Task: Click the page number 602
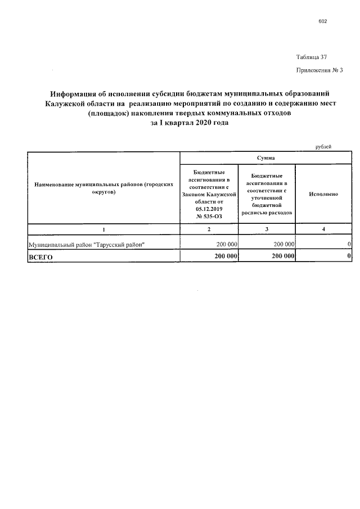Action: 322,21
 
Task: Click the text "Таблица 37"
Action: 312,57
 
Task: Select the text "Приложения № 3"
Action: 319,70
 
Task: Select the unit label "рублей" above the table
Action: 323,147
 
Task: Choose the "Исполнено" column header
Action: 323,193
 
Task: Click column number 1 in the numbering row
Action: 103,229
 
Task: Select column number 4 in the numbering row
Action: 323,229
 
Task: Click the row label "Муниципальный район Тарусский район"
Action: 87,244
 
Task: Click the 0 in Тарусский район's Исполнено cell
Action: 349,244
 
